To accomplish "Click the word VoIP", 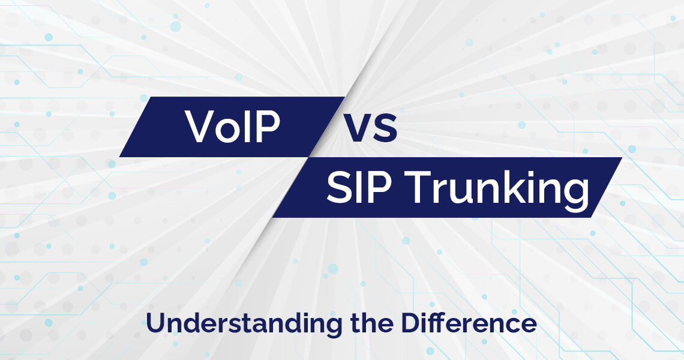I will (x=233, y=127).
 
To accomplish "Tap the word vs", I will (x=370, y=127).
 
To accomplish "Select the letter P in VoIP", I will (x=268, y=127).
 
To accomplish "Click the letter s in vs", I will (x=386, y=130).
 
